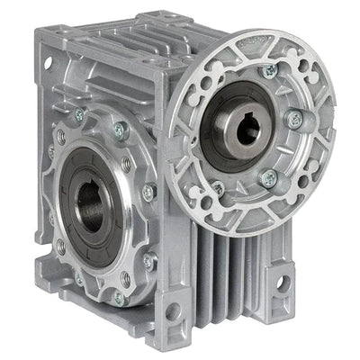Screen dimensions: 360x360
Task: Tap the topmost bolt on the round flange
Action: pos(267,70)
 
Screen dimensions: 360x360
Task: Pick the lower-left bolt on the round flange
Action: pos(219,189)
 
